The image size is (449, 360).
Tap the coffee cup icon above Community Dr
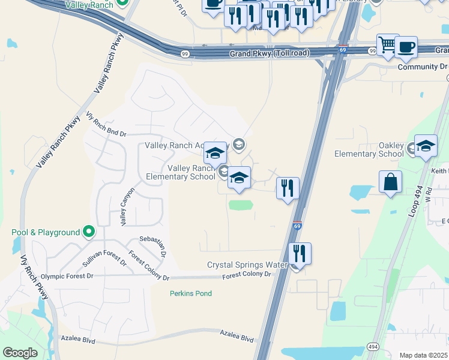[406, 47]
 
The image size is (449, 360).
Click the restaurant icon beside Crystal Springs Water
[300, 253]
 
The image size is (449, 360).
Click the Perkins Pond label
[191, 293]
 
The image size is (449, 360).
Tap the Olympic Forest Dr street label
[65, 276]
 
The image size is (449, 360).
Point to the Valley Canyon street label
[127, 206]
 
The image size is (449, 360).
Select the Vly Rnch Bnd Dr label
[107, 124]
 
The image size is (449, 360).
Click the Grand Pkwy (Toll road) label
[270, 53]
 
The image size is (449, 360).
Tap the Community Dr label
[422, 67]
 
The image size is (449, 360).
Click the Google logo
[20, 353]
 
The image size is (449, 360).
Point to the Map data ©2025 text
[424, 355]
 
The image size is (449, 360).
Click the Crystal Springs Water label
[247, 265]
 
